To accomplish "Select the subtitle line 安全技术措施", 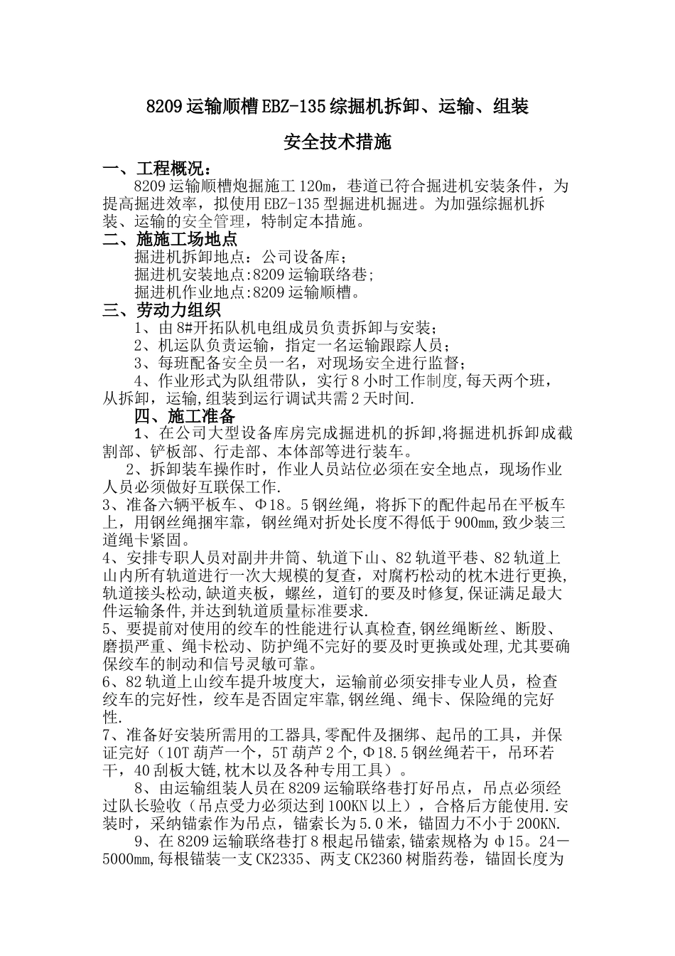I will tap(337, 142).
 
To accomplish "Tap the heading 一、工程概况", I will tap(156, 169).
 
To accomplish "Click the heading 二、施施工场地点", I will tap(170, 239).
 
